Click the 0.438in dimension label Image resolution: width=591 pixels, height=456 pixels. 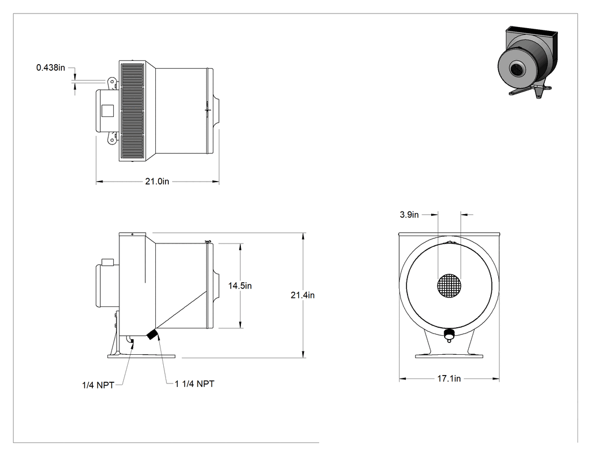pos(51,68)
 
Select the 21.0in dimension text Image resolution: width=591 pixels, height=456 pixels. pos(157,182)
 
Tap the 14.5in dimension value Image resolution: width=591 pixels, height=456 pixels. pos(240,286)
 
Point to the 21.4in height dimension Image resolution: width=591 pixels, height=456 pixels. pos(302,295)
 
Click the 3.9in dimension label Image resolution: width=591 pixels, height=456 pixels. pos(409,215)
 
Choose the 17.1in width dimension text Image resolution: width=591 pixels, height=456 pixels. pos(449,378)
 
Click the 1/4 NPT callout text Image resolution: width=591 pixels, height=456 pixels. pos(98,385)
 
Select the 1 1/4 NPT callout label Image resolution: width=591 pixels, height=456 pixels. pos(195,383)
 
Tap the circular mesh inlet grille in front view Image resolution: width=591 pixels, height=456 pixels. pos(449,286)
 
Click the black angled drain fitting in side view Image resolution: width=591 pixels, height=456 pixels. pos(153,334)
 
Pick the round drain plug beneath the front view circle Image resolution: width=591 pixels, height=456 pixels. pos(449,335)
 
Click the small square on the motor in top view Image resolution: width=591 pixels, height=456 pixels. pos(108,110)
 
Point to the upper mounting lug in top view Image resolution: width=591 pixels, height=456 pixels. pos(112,83)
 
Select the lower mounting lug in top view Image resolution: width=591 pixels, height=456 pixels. pos(112,138)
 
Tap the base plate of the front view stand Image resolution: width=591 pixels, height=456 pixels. pos(449,355)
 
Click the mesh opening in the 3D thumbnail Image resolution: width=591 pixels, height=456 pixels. pos(516,69)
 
